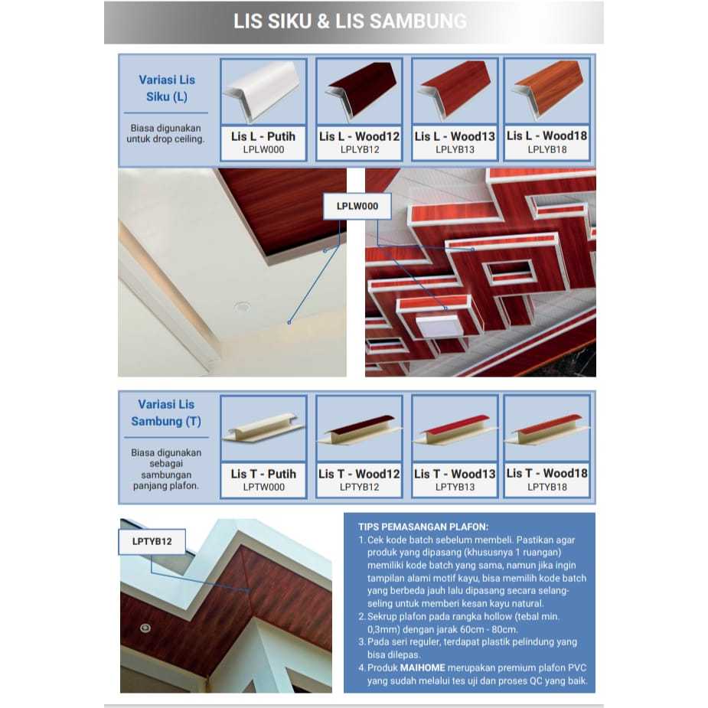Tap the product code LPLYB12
[x=359, y=150]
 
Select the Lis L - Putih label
[x=263, y=136]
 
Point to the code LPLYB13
[x=455, y=150]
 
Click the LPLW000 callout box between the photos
[x=357, y=206]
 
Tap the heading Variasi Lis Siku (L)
[x=167, y=88]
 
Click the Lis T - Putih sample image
[x=263, y=428]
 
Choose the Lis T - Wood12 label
[x=359, y=474]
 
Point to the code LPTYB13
[x=455, y=487]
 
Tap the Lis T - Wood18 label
[x=546, y=474]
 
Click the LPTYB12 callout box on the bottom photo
[x=152, y=542]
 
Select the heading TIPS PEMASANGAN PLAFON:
[x=423, y=526]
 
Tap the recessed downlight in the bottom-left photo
[x=145, y=628]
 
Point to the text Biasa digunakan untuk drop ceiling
[x=167, y=134]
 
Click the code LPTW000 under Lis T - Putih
[x=263, y=487]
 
